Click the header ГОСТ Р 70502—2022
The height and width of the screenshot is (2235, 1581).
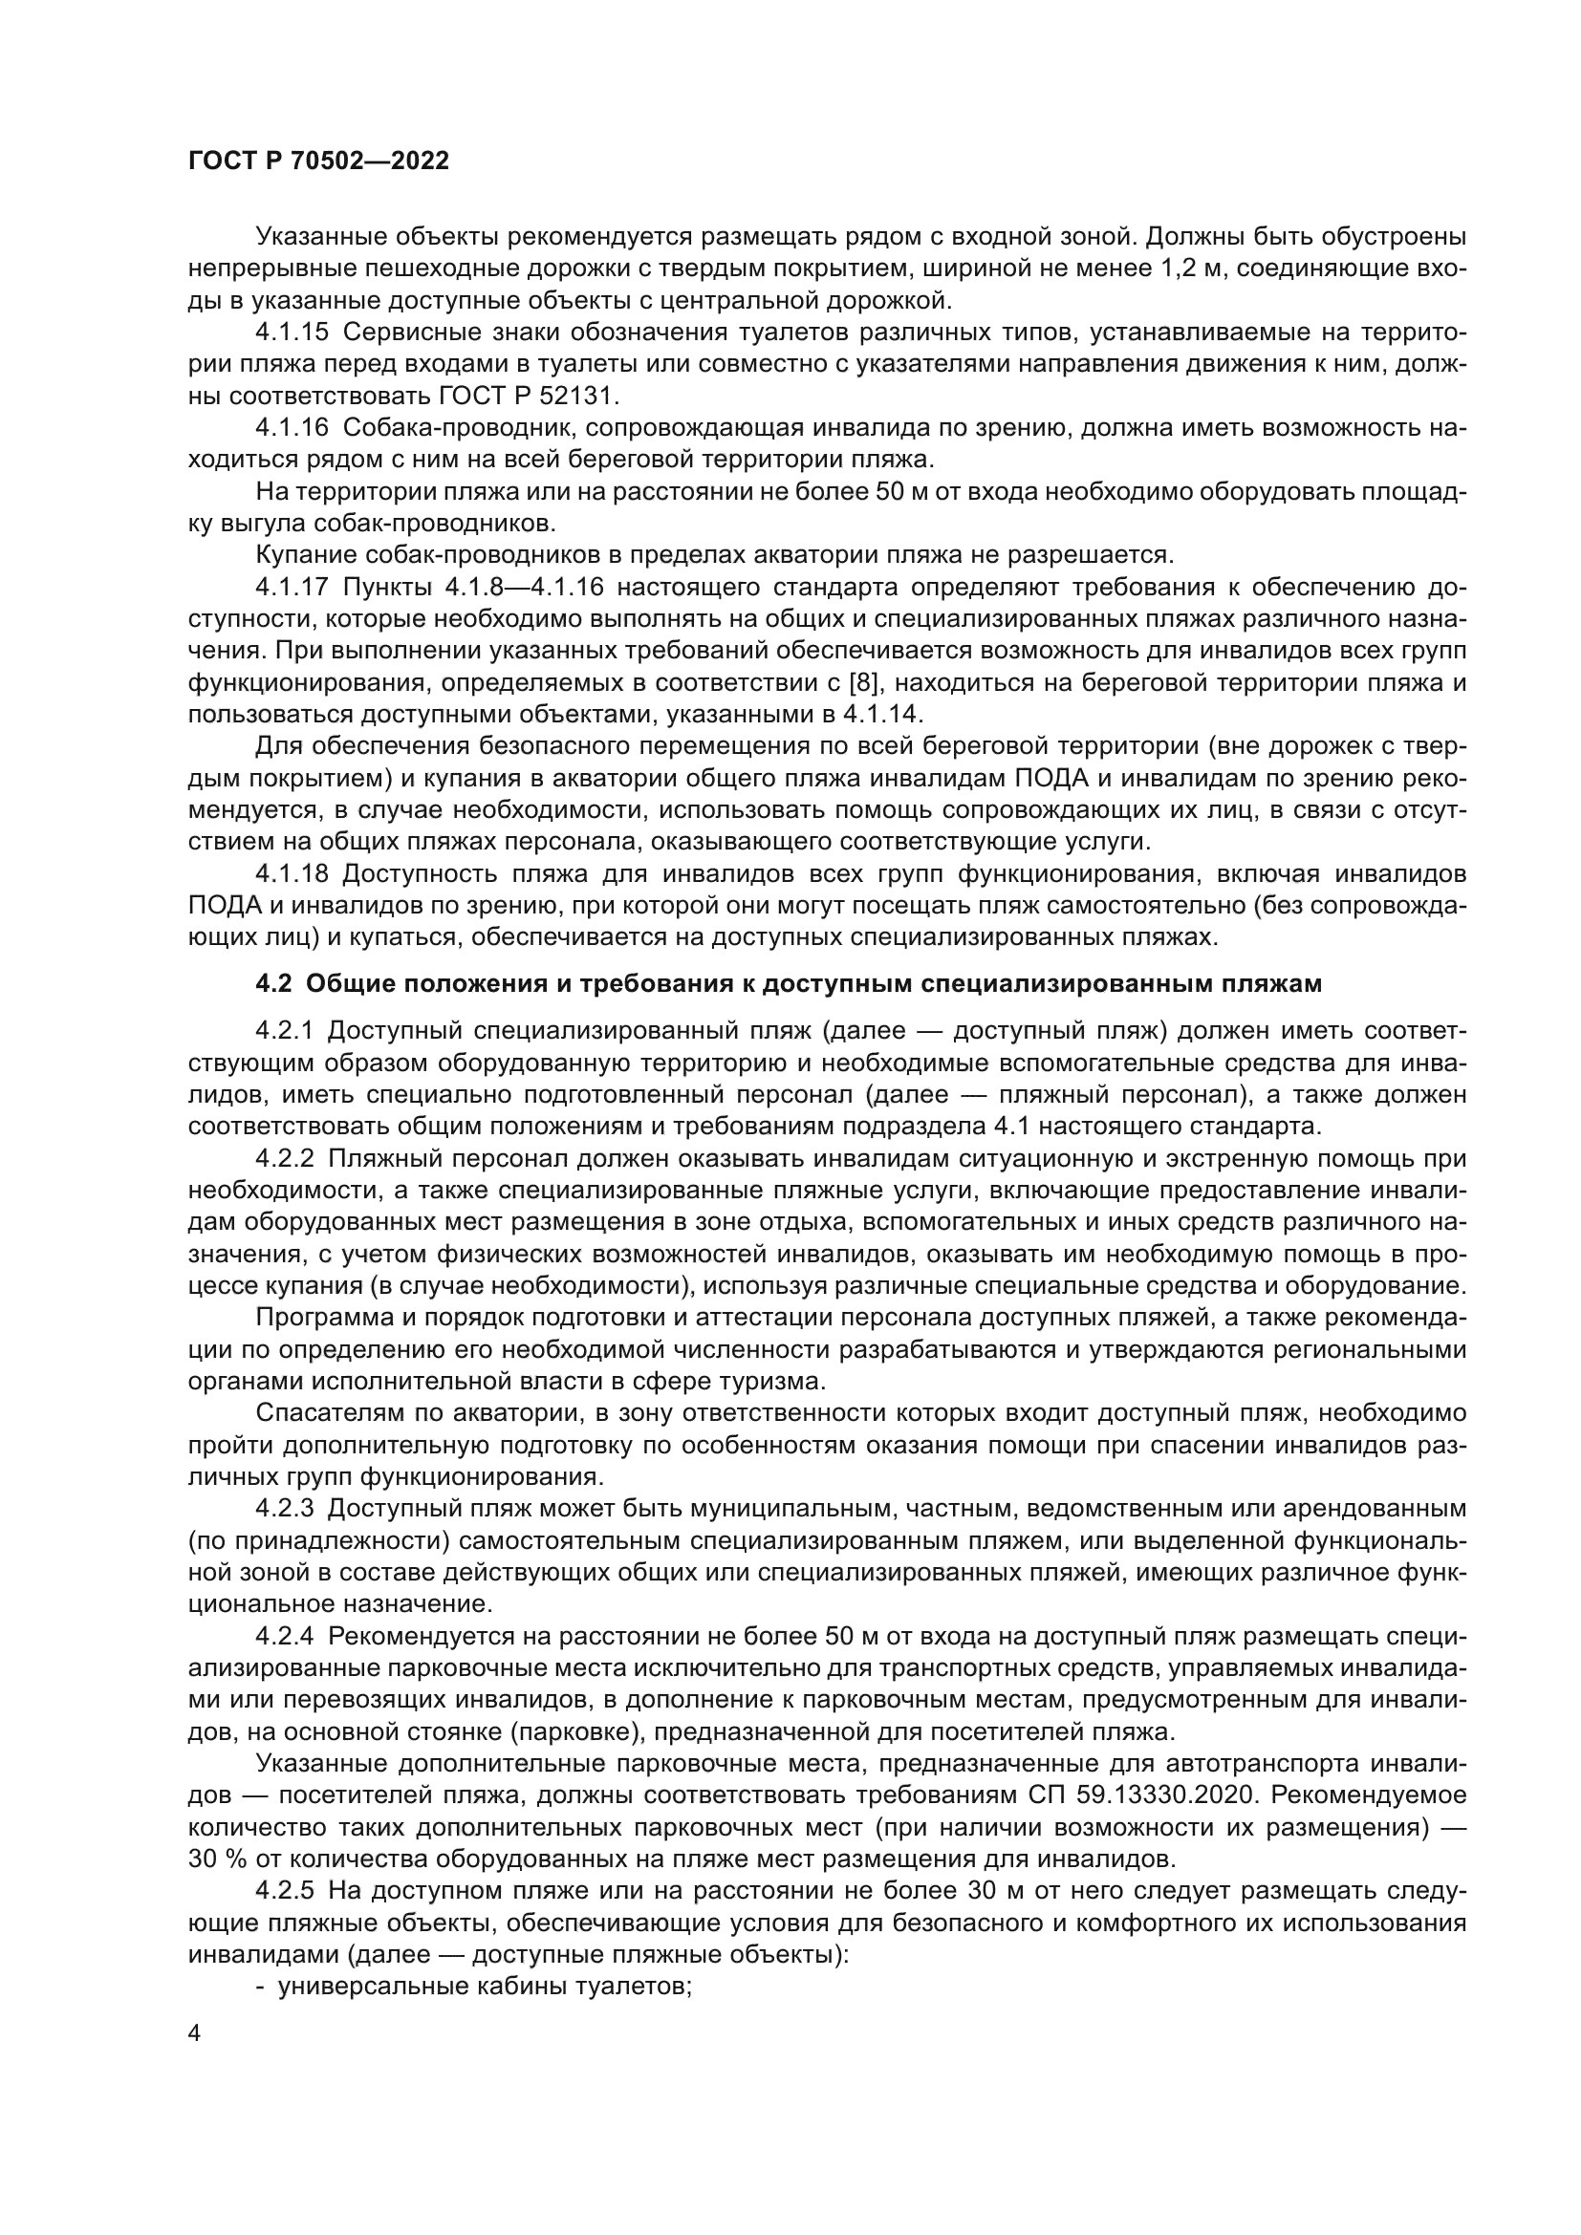click(318, 161)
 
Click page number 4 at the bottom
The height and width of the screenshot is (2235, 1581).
click(195, 2033)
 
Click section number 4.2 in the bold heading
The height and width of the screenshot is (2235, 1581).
click(273, 984)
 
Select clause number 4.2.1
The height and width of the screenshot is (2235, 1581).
click(285, 1031)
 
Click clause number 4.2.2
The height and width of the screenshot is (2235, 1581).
click(285, 1158)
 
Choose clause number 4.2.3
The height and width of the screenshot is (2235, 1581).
click(285, 1509)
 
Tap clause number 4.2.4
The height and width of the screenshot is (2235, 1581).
click(285, 1635)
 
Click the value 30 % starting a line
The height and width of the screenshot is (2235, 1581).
click(216, 1859)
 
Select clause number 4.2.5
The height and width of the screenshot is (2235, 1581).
click(285, 1890)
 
